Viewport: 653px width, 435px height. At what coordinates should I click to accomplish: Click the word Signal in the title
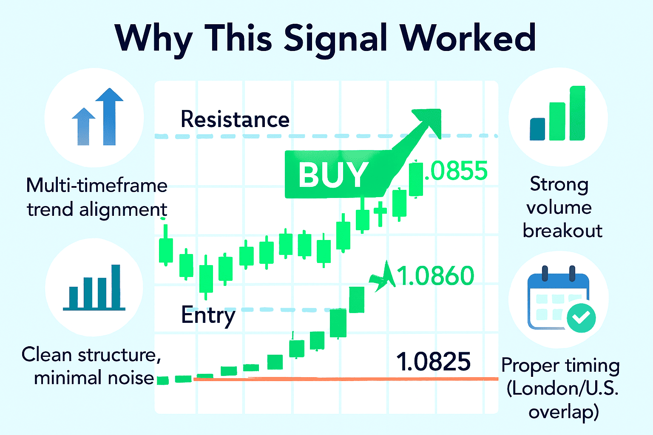point(335,40)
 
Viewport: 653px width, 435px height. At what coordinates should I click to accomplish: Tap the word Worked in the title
point(468,37)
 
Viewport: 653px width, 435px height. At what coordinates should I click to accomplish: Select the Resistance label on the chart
point(235,119)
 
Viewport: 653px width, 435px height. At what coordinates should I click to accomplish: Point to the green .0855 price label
point(456,171)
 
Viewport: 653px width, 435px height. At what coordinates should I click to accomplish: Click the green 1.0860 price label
point(435,275)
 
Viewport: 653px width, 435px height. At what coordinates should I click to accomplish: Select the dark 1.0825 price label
point(434,361)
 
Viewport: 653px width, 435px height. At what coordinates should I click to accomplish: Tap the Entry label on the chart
point(208,316)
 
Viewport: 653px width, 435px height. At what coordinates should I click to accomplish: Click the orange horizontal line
point(346,379)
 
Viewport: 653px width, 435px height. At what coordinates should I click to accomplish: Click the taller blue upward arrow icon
point(109,116)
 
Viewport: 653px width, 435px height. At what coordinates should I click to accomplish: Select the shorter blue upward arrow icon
point(84,127)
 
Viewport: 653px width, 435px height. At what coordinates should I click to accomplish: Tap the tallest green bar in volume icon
point(577,113)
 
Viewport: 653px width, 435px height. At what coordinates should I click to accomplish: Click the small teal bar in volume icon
point(537,129)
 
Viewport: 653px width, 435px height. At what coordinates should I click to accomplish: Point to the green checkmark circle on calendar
point(581,318)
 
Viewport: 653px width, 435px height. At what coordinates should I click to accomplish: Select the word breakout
point(562,231)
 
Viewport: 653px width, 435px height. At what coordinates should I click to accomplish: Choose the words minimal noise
point(94,378)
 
